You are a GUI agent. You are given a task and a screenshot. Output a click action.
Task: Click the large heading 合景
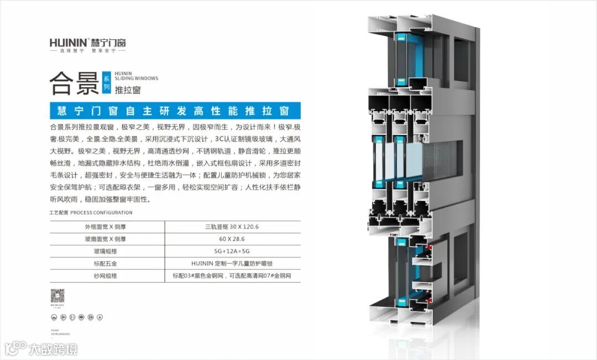click(74, 83)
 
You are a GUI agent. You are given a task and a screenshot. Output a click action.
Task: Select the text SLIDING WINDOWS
click(136, 79)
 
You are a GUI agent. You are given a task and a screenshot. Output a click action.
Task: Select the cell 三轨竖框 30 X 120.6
click(232, 227)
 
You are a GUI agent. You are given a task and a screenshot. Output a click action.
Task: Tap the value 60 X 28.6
click(232, 239)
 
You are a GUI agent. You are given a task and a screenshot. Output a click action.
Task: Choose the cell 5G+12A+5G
click(232, 251)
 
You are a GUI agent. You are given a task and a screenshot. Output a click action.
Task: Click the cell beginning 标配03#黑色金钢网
click(232, 275)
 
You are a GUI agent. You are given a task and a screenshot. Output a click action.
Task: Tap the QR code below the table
click(57, 296)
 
